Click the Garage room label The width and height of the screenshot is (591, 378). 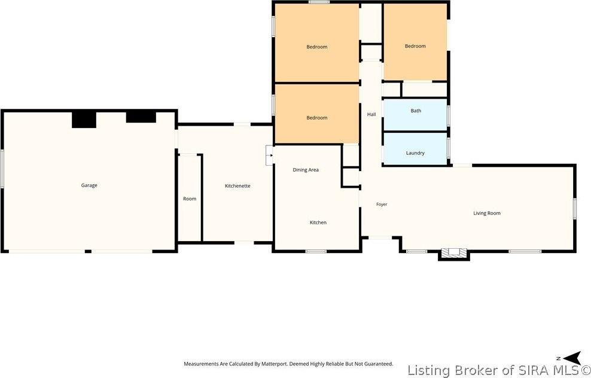89,185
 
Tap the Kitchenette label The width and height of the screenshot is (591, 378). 237,186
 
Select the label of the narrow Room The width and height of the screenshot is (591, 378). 190,199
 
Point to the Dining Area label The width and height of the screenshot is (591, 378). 306,170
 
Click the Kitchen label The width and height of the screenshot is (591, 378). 318,222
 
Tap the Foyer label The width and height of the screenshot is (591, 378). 382,205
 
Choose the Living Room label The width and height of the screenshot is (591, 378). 487,214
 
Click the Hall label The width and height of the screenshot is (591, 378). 371,114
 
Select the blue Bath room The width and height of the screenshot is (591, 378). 415,115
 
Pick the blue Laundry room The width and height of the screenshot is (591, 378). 415,148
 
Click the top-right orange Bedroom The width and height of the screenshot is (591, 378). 415,42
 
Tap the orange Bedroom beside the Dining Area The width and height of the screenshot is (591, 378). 316,114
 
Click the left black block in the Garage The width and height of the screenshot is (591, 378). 84,120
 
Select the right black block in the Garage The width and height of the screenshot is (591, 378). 141,117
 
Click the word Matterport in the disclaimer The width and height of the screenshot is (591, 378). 273,364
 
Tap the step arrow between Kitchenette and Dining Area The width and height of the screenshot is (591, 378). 270,155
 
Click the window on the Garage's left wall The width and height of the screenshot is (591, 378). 2,169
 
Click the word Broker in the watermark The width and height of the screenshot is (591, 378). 473,370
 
